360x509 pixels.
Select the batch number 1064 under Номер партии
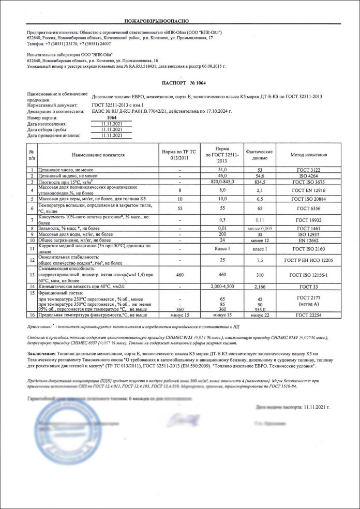click(x=111, y=117)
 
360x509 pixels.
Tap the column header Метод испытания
click(x=309, y=154)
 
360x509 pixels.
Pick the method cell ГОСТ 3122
click(x=309, y=170)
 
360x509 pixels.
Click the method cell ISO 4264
click(x=309, y=176)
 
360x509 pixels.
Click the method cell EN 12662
click(x=309, y=241)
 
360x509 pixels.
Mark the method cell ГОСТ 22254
click(x=309, y=315)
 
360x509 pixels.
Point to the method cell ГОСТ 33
click(x=309, y=286)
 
